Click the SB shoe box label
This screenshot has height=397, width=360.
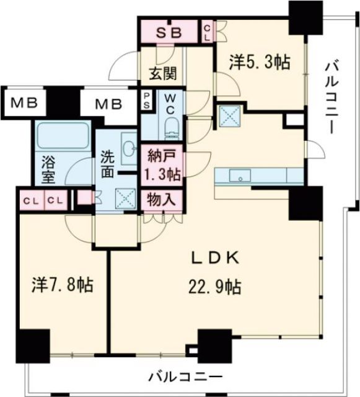pos(168,33)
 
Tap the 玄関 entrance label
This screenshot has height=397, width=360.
pos(162,73)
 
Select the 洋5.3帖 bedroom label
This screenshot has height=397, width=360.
pos(253,63)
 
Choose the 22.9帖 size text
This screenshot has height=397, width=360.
pos(214,287)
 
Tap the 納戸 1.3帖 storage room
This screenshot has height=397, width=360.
pos(162,164)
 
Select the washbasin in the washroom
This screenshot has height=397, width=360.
pos(130,148)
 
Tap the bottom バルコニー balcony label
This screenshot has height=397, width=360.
pos(185,376)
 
